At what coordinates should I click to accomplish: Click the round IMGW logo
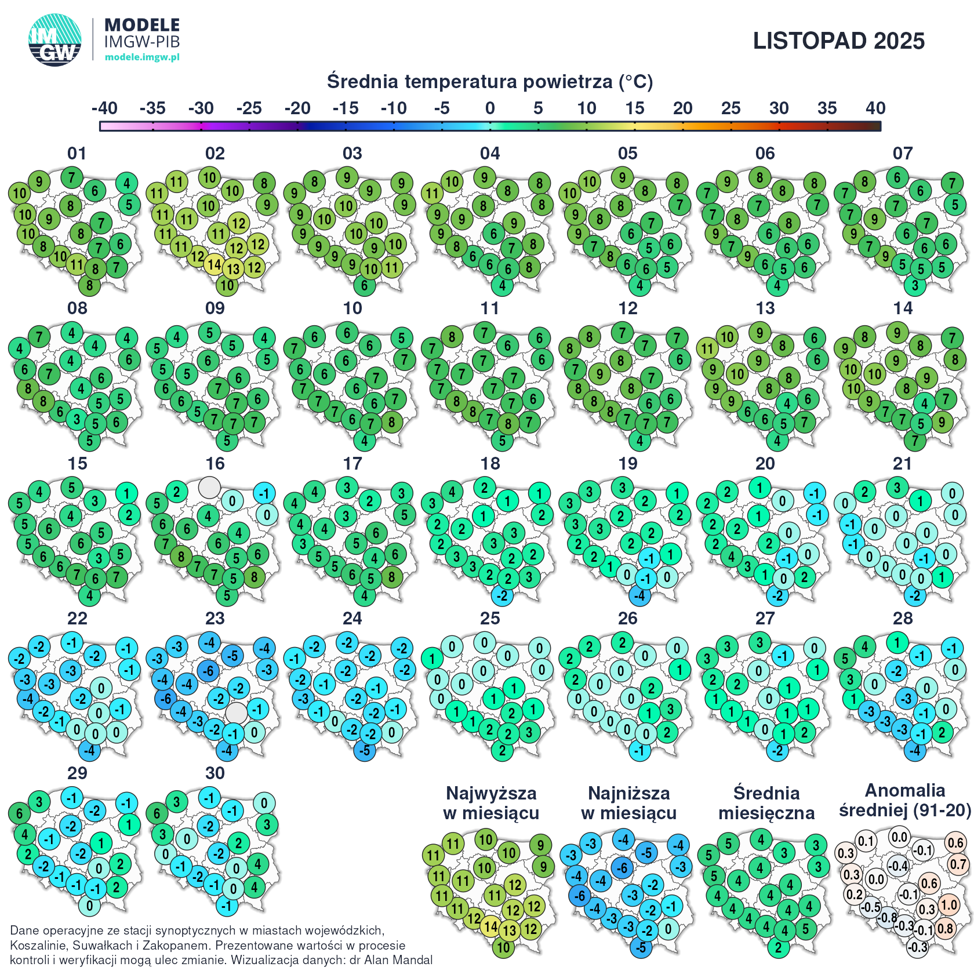(55, 40)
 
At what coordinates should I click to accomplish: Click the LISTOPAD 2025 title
(838, 41)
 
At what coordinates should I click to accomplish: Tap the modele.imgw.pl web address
(142, 57)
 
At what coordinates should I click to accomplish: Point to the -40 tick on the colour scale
(104, 108)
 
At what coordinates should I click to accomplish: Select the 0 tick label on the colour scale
(490, 108)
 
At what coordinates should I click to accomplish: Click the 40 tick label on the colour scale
(875, 108)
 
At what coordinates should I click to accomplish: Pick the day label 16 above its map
(215, 464)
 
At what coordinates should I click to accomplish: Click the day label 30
(215, 773)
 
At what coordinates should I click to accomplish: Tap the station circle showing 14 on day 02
(215, 264)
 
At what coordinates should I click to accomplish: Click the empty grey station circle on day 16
(209, 487)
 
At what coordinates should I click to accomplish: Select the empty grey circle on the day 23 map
(236, 713)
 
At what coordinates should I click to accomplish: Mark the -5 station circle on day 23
(232, 656)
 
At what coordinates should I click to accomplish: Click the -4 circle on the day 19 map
(639, 595)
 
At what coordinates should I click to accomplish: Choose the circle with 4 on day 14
(925, 404)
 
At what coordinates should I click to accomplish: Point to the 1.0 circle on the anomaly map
(948, 905)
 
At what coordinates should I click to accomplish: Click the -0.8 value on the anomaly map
(887, 918)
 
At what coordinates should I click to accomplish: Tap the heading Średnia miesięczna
(766, 803)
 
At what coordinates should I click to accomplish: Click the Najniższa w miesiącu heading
(628, 803)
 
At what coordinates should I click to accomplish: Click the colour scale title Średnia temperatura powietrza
(489, 82)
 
